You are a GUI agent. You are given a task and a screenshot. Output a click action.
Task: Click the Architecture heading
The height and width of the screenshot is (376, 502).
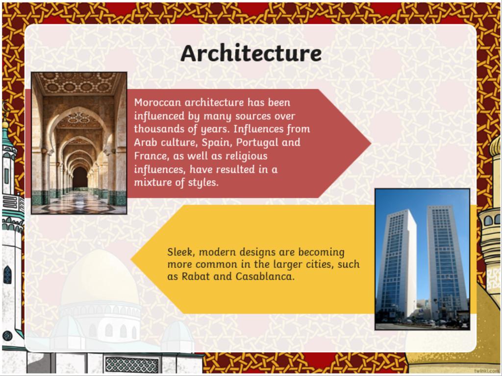click(251, 53)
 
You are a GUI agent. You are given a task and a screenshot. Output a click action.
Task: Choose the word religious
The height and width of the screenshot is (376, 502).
click(246, 157)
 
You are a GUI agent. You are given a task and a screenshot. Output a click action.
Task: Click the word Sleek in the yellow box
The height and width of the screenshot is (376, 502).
click(180, 252)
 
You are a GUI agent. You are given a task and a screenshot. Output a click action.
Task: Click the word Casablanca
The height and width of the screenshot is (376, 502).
click(265, 276)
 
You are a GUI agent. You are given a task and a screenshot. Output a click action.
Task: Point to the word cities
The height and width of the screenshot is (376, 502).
click(325, 264)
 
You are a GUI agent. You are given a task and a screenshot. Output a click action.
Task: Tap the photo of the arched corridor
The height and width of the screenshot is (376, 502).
click(79, 143)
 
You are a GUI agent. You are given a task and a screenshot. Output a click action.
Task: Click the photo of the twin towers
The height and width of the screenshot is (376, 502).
click(422, 259)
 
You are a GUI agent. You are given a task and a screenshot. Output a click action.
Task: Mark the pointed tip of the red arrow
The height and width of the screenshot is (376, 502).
click(371, 143)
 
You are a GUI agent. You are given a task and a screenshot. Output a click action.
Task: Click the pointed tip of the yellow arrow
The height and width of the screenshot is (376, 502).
click(131, 259)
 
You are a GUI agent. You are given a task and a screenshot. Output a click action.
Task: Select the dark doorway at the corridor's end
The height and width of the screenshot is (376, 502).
click(80, 177)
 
